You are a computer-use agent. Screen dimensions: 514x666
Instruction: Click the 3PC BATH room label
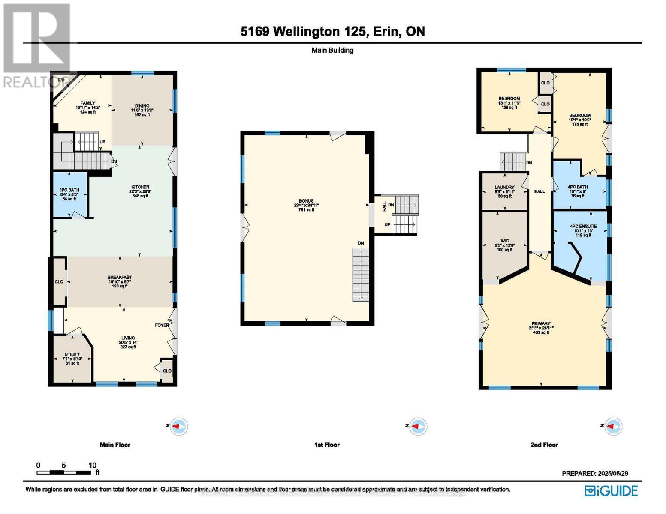coord(69,190)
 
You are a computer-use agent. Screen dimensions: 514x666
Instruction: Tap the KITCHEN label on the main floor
coord(140,187)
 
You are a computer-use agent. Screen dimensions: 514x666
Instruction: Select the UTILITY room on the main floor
coord(72,355)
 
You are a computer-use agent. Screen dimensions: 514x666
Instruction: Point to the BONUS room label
coord(306,201)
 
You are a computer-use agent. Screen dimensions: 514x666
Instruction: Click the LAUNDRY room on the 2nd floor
coord(504,188)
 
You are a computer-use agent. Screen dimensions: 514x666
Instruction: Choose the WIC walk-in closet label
coord(504,241)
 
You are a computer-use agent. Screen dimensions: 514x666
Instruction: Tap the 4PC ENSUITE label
coord(583,227)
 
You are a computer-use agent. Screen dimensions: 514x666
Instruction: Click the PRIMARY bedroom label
coord(540,324)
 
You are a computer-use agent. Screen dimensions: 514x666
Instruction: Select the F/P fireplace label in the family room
coord(61,81)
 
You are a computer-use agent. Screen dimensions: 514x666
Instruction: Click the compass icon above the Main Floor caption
coord(178,427)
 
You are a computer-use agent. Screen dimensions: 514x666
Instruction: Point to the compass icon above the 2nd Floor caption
coord(613,426)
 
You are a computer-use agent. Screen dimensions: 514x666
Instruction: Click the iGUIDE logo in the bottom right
coord(611,490)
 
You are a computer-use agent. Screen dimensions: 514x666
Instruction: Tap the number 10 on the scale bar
coord(92,465)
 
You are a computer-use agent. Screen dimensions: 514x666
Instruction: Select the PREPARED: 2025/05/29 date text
coord(595,473)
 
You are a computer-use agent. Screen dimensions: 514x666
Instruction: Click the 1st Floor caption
coord(327,445)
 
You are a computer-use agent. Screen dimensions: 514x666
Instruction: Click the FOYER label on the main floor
coord(162,325)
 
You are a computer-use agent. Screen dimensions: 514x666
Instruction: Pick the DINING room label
coord(142,106)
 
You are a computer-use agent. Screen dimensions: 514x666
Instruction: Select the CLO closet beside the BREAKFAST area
coord(59,282)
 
